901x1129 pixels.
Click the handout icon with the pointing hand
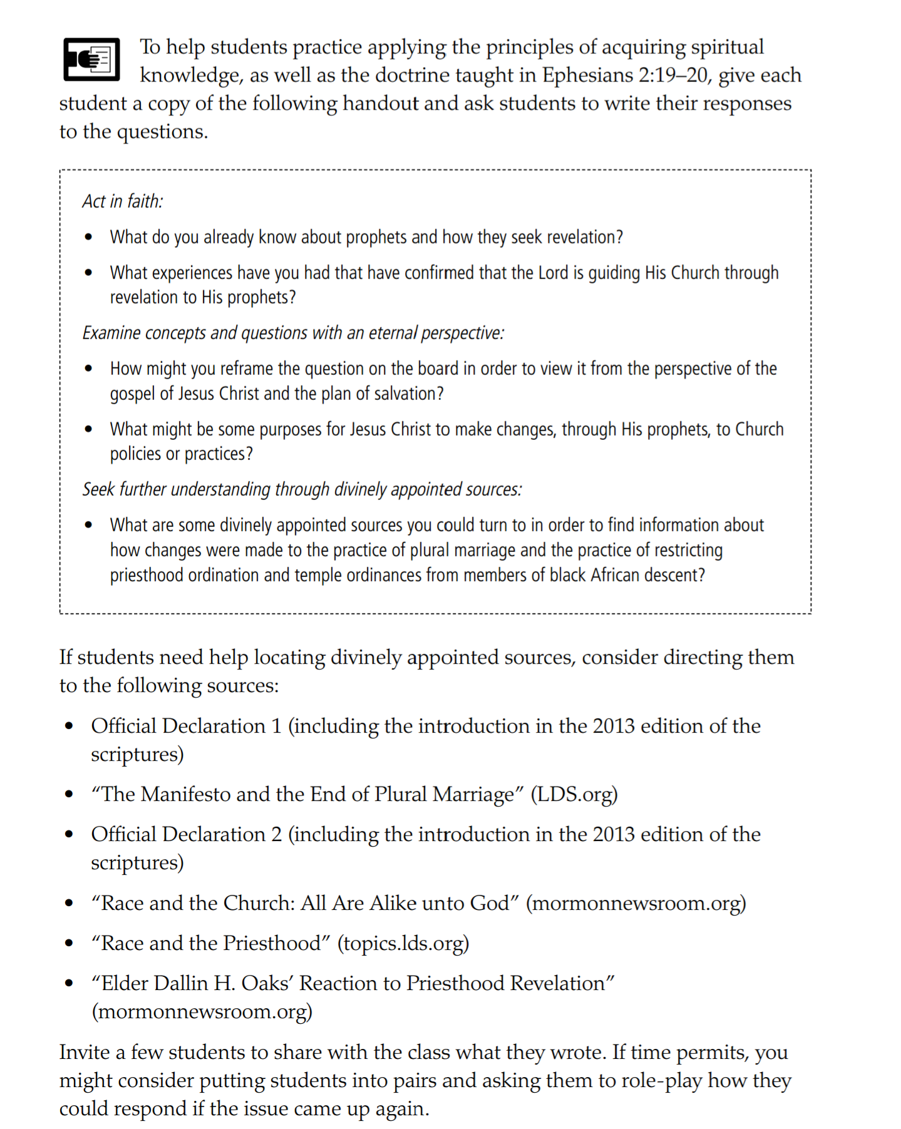(x=91, y=59)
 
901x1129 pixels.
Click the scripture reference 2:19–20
(x=675, y=75)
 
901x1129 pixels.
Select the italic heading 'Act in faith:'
(x=123, y=201)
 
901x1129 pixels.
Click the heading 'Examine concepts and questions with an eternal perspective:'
(x=293, y=332)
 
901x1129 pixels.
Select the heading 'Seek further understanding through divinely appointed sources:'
(x=302, y=489)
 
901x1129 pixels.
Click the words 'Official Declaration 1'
(x=186, y=726)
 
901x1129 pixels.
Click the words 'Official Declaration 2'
(x=186, y=834)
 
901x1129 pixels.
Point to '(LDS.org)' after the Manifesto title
(x=574, y=794)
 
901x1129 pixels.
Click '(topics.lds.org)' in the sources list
(x=403, y=943)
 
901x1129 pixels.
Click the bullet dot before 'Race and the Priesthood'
(x=69, y=943)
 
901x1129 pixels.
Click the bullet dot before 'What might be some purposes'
(x=89, y=429)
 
